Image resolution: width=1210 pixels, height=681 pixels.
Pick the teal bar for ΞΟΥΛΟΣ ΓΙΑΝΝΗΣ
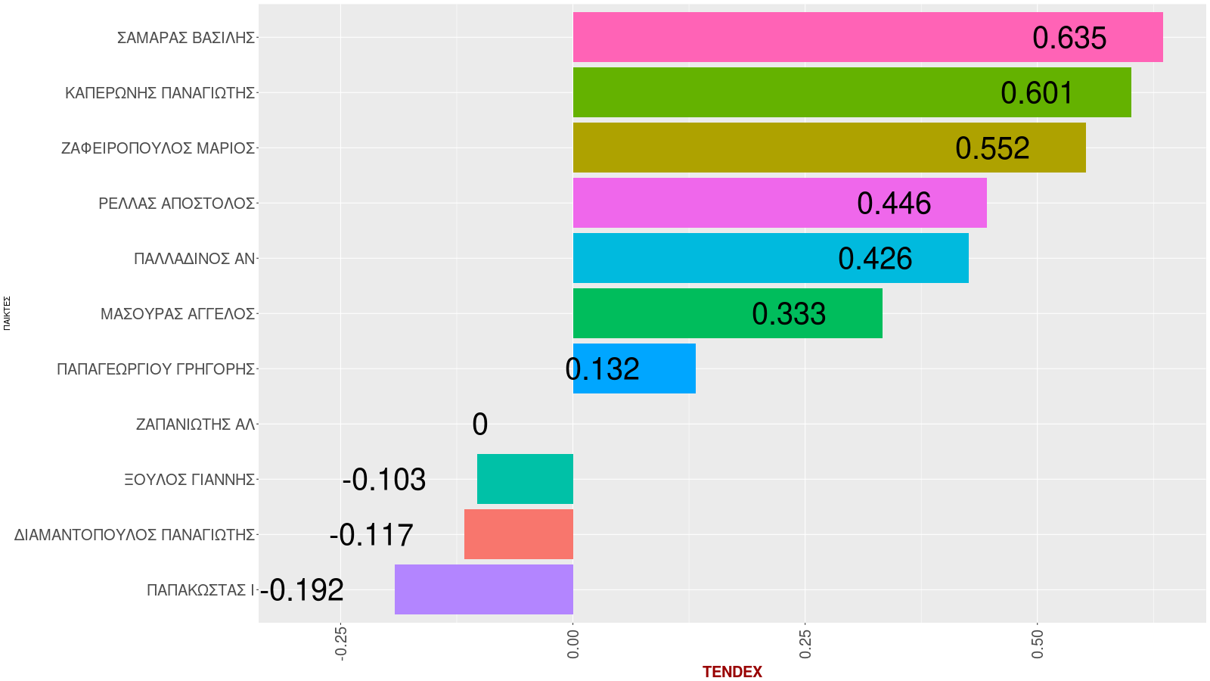tap(525, 479)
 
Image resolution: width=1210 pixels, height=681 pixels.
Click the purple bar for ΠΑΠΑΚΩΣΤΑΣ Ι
tap(484, 589)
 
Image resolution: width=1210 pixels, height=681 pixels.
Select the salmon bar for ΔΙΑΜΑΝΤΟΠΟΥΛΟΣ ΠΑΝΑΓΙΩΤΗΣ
tap(519, 534)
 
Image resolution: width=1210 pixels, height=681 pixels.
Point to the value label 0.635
tap(1069, 38)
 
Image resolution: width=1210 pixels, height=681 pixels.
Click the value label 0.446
tap(894, 204)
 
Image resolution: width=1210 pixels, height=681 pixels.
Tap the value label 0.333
tap(789, 314)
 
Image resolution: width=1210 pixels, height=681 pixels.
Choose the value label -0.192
tap(302, 590)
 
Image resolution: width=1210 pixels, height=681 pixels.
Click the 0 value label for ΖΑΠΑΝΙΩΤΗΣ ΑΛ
tap(479, 424)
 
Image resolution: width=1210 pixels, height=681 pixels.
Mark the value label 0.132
tap(603, 369)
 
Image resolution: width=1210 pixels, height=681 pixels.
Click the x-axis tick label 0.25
tap(805, 643)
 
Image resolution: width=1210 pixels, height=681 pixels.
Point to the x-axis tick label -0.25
tap(340, 643)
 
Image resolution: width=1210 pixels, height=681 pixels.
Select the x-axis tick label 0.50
tap(1037, 643)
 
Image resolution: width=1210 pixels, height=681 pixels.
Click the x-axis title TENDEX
tap(732, 672)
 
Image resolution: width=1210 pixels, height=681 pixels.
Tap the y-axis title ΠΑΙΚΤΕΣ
tap(7, 313)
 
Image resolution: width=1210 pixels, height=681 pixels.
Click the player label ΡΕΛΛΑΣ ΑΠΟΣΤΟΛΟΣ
tap(176, 204)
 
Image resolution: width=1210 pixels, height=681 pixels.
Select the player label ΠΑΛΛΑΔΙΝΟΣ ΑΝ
tap(194, 259)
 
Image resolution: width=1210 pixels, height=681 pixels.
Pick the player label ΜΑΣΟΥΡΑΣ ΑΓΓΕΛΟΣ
tap(178, 314)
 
